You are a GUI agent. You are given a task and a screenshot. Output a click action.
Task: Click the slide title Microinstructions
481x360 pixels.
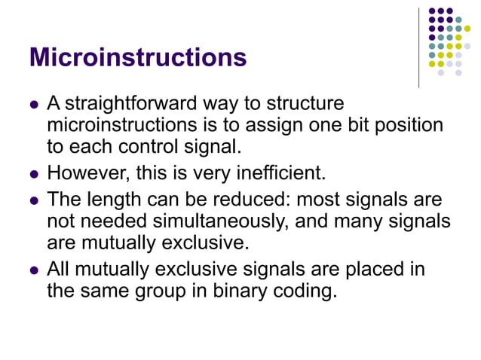[138, 58]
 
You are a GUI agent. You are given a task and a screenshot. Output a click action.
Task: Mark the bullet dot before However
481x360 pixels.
[33, 175]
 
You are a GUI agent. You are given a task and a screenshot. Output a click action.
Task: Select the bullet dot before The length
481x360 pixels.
[33, 202]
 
